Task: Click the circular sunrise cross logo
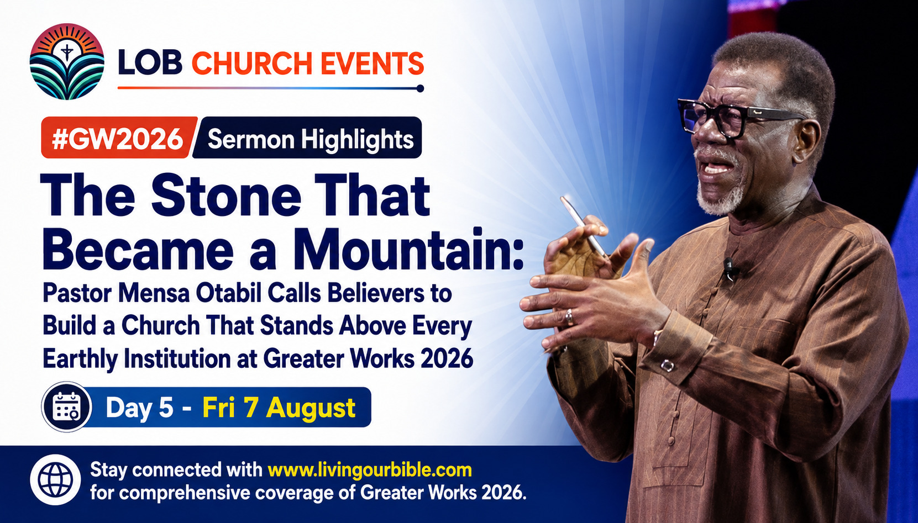[x=67, y=62]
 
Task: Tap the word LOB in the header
[x=150, y=63]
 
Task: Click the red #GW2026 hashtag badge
[x=118, y=138]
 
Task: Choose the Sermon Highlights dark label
[x=307, y=138]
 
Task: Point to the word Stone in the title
[x=227, y=196]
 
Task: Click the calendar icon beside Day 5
[x=67, y=406]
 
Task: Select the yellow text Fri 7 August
[x=279, y=408]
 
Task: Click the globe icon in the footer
[x=55, y=479]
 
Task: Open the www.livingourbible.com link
[x=370, y=470]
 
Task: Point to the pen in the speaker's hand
[x=583, y=227]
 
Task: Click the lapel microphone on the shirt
[x=729, y=268]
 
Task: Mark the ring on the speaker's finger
[x=570, y=318]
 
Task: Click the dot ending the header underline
[x=419, y=88]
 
